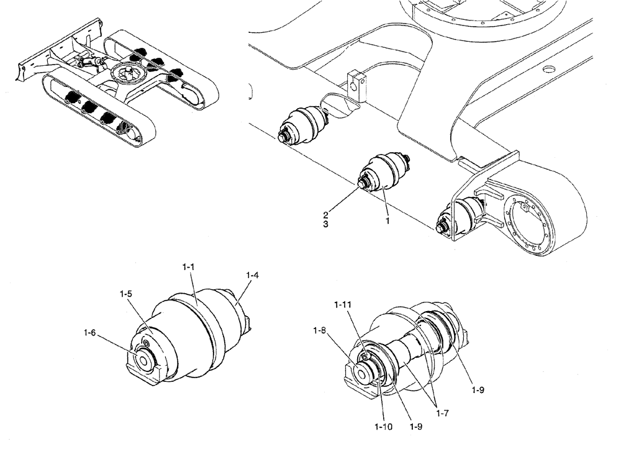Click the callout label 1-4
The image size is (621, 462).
pyautogui.click(x=253, y=274)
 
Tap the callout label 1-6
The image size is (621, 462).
pyautogui.click(x=90, y=333)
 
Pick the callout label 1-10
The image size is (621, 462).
pyautogui.click(x=383, y=427)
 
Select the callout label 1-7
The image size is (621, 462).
pyautogui.click(x=443, y=410)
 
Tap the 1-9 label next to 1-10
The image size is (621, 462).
pyautogui.click(x=417, y=427)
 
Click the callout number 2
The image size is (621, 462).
pyautogui.click(x=326, y=214)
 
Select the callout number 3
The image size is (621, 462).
pyautogui.click(x=326, y=224)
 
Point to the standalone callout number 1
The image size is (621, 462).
pyautogui.click(x=388, y=220)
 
